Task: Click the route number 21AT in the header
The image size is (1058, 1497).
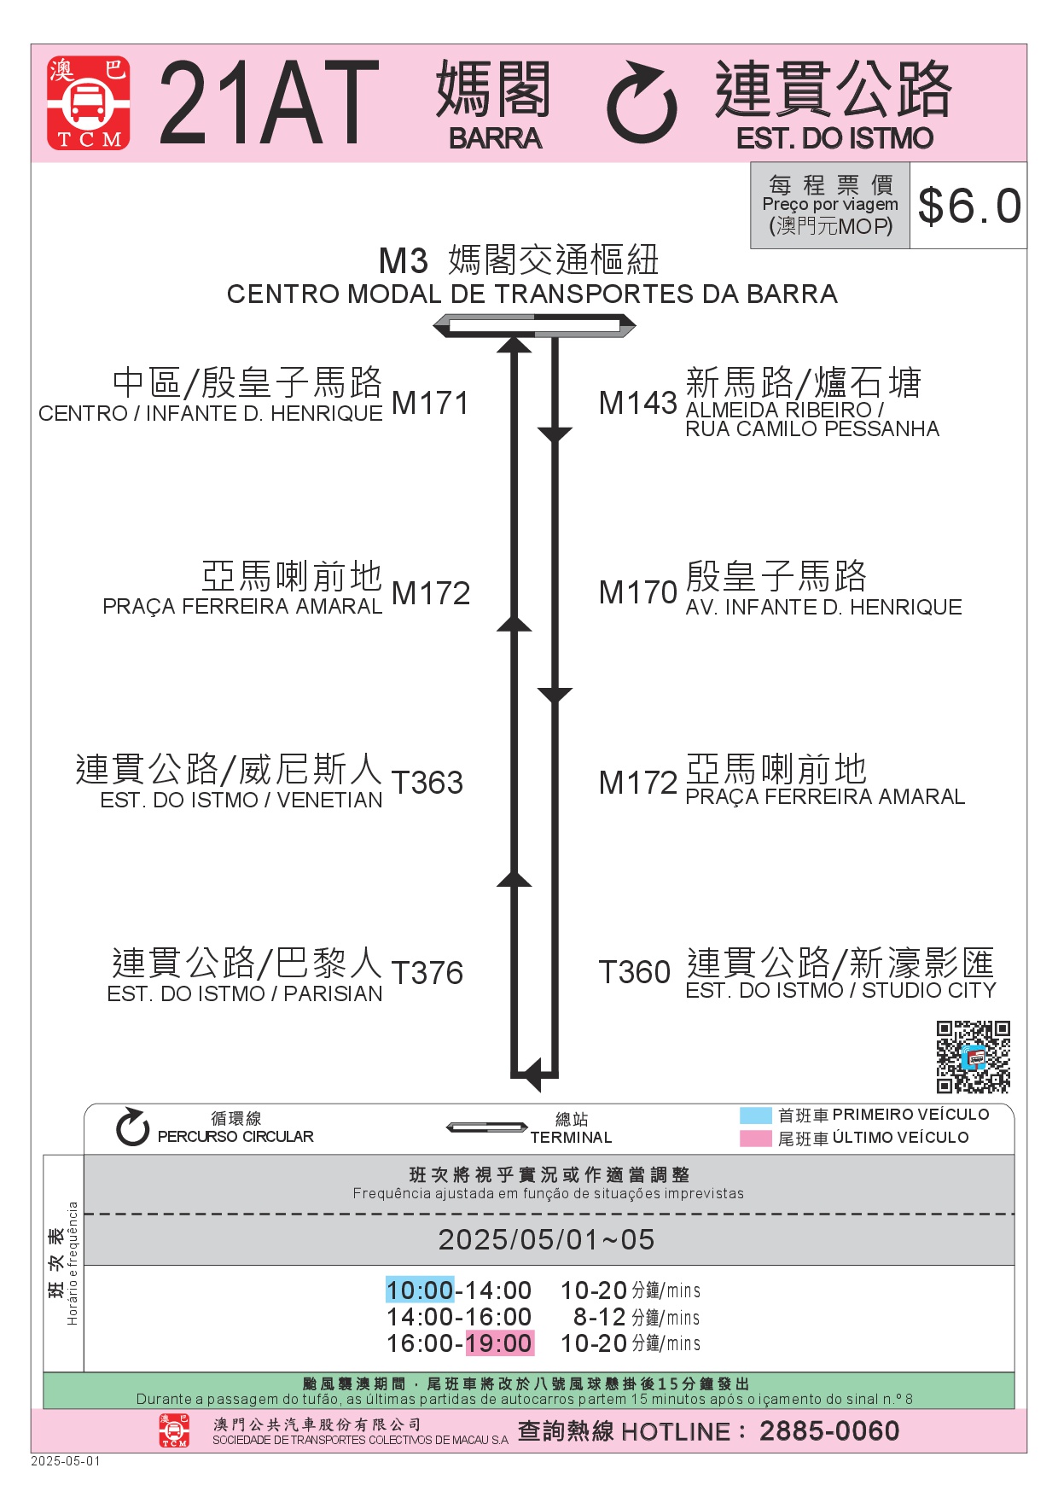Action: [x=269, y=102]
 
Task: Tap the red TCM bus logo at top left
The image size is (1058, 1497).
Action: [x=89, y=102]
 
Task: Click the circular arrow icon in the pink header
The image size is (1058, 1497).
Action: [x=642, y=102]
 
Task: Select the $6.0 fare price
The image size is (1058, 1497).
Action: [x=969, y=206]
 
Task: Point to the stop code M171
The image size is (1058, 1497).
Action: [x=430, y=403]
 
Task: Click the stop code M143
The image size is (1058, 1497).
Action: [x=637, y=403]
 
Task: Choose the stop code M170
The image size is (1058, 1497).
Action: [x=637, y=592]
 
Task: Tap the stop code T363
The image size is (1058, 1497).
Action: [x=427, y=783]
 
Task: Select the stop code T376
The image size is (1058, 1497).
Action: [x=427, y=973]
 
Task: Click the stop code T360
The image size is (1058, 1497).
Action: [x=635, y=972]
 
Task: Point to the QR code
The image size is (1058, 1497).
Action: [x=974, y=1057]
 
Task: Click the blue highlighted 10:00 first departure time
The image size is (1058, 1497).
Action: [x=420, y=1290]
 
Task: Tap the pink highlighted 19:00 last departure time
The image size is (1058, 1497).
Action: [x=499, y=1343]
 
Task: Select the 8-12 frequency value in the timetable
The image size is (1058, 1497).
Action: [x=600, y=1317]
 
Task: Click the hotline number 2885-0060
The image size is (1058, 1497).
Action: [x=829, y=1431]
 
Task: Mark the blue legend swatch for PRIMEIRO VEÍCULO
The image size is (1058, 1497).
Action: [x=755, y=1115]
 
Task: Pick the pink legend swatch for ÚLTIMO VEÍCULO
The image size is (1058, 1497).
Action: [x=755, y=1139]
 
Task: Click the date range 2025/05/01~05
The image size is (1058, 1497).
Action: [x=546, y=1239]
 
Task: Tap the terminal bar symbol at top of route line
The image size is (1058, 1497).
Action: [x=534, y=326]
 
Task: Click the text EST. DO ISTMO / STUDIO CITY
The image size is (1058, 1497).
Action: [x=841, y=990]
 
